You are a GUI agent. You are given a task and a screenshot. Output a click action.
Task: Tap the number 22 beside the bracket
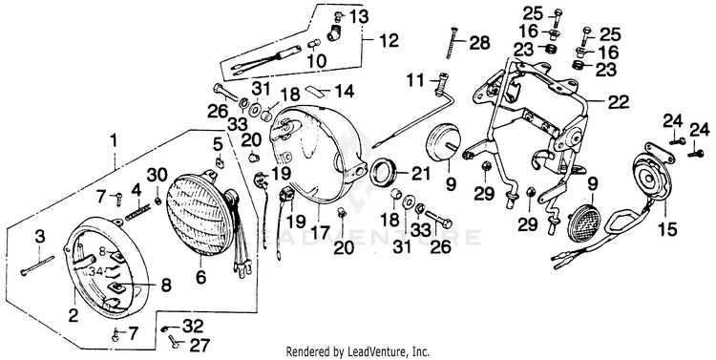pyautogui.click(x=618, y=102)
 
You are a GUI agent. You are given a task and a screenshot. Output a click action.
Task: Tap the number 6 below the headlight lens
pyautogui.click(x=201, y=277)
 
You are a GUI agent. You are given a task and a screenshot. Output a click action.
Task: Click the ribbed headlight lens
pyautogui.click(x=200, y=214)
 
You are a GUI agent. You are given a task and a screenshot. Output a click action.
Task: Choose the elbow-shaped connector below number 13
pyautogui.click(x=335, y=32)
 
